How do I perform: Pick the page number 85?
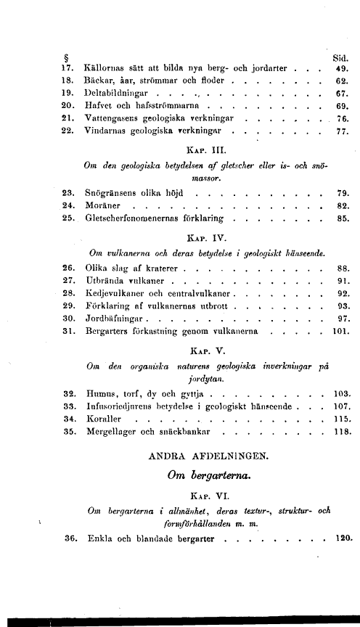point(343,219)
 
